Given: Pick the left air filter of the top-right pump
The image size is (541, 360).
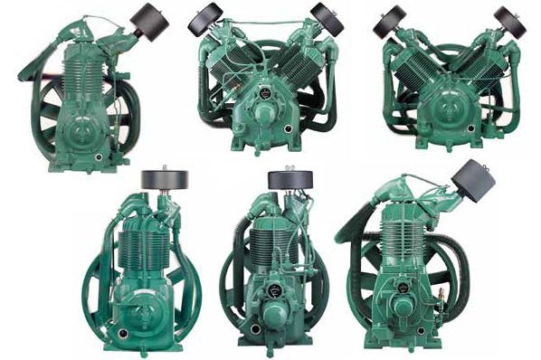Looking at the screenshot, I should coord(390,21).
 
